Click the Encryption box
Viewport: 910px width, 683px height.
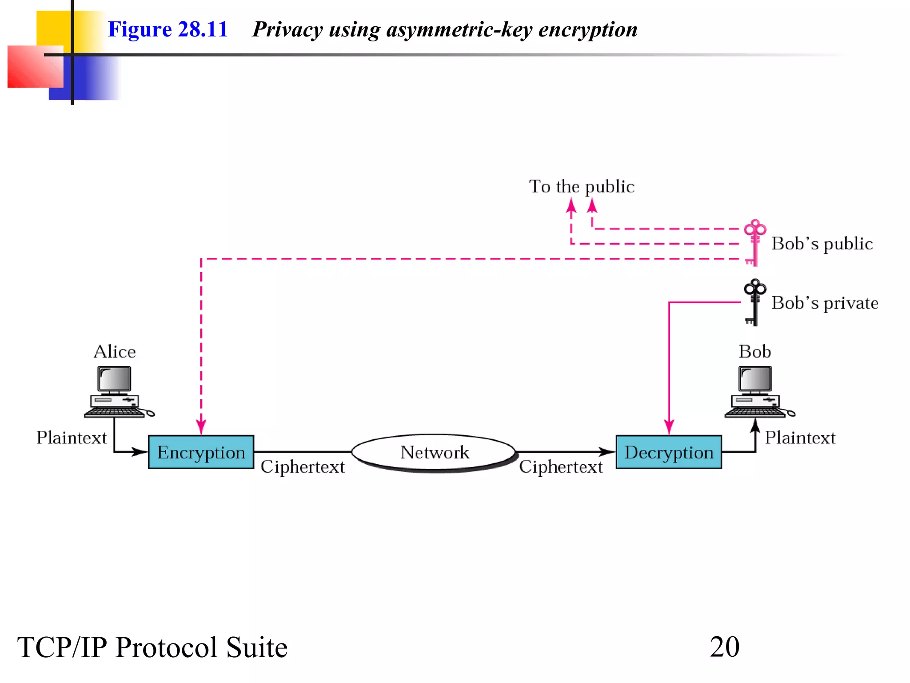tap(201, 452)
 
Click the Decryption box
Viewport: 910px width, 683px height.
tap(668, 452)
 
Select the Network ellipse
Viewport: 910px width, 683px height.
tap(434, 452)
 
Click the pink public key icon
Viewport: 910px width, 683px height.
tap(754, 243)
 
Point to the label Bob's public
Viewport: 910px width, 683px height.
tap(822, 244)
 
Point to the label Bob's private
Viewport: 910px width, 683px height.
tap(825, 303)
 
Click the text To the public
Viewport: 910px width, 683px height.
tap(581, 186)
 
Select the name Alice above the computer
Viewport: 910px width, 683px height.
tap(114, 352)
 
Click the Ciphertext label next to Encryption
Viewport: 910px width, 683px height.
tap(303, 467)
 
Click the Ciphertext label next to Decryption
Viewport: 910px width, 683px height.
tap(561, 467)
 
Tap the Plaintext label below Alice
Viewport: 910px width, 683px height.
tap(72, 438)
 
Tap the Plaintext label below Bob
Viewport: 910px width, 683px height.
tap(800, 438)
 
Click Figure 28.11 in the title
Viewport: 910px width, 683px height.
tap(168, 29)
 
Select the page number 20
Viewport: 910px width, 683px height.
tap(724, 647)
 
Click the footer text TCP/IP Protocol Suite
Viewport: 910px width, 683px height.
tap(152, 647)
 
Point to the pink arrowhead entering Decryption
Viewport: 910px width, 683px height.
tap(669, 427)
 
